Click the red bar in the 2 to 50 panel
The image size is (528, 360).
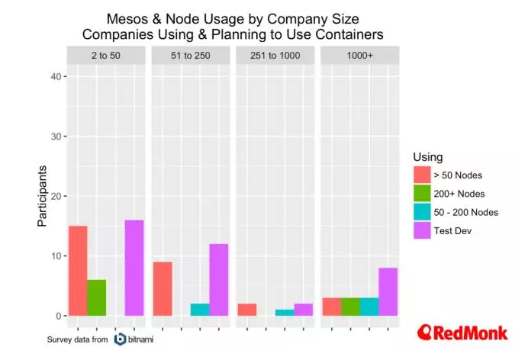78,271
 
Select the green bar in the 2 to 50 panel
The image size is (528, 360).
96,297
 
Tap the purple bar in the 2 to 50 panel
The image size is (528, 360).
134,268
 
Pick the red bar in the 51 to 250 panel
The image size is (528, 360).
163,288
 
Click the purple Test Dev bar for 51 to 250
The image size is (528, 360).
219,279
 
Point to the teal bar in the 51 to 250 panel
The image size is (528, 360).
200,310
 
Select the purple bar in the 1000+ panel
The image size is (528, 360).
388,291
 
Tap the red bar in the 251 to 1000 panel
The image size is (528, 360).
246,310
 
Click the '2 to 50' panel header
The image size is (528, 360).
106,55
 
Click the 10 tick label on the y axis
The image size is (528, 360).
55,256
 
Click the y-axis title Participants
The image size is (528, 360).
43,196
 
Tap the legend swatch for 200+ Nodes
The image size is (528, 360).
421,194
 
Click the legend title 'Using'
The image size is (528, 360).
427,157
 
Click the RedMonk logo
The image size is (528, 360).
462,333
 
